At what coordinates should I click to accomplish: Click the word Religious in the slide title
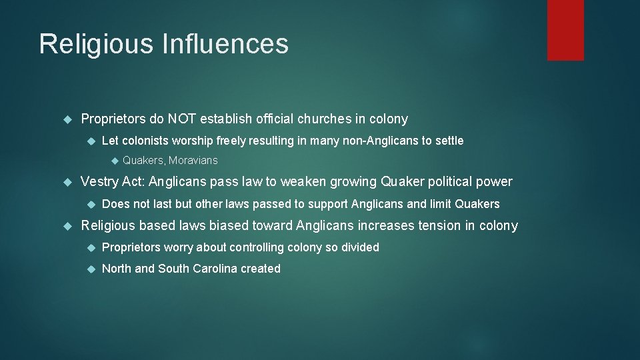click(95, 45)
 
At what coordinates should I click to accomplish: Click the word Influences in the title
click(225, 45)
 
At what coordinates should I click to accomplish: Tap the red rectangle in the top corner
click(565, 29)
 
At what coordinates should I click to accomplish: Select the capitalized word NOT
click(182, 119)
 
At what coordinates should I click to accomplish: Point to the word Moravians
click(193, 161)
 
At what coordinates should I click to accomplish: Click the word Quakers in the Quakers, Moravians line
click(143, 161)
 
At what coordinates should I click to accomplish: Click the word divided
click(360, 247)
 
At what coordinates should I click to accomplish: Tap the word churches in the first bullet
click(324, 119)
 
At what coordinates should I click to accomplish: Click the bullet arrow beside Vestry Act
click(66, 182)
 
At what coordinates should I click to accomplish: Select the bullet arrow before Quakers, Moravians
click(113, 161)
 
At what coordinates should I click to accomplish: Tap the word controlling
click(257, 247)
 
